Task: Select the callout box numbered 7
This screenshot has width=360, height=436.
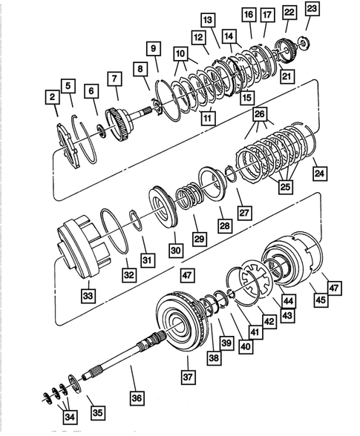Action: (x=114, y=78)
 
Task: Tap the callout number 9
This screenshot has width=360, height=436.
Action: (x=154, y=49)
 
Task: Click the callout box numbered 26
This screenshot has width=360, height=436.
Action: (x=259, y=113)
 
